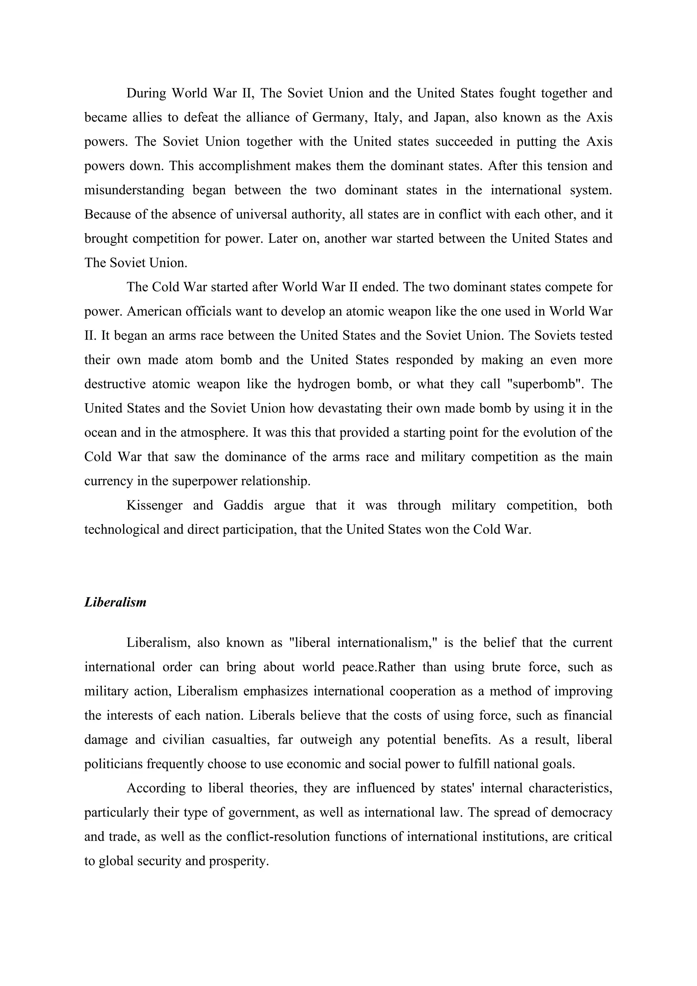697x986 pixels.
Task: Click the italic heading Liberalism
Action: (115, 603)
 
